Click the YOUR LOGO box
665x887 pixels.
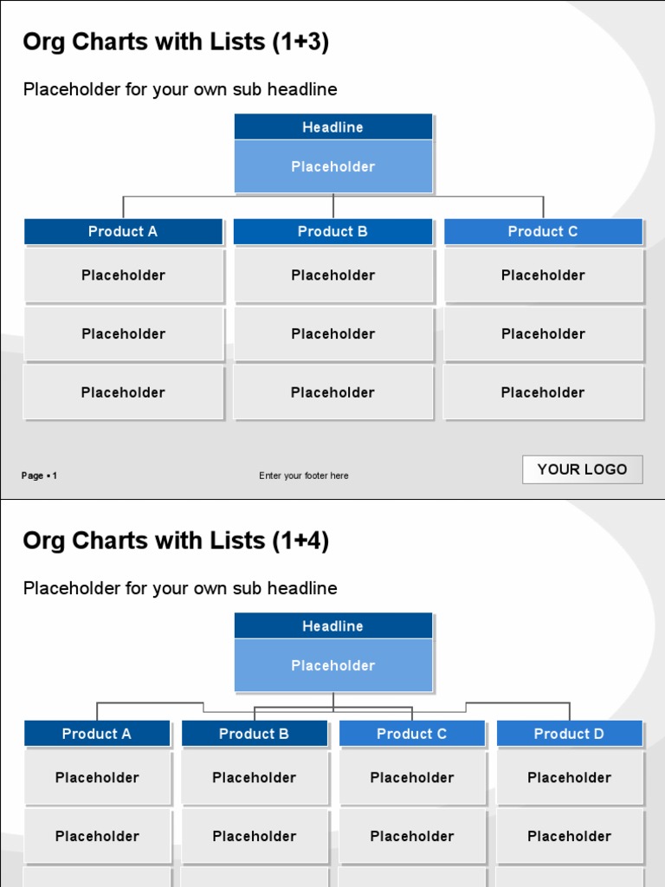click(x=582, y=469)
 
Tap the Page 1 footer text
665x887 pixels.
click(x=40, y=476)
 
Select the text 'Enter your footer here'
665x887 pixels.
click(x=304, y=476)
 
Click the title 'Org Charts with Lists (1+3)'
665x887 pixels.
click(x=176, y=42)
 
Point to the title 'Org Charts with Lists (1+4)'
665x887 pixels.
click(x=176, y=541)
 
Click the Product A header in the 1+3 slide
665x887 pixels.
click(x=123, y=231)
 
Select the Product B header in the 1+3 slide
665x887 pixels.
click(x=332, y=231)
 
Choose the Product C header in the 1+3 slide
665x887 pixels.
click(x=543, y=231)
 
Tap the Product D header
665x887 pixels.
click(x=569, y=734)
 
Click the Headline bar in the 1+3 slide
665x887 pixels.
click(x=332, y=127)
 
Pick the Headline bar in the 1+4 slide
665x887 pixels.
click(x=332, y=626)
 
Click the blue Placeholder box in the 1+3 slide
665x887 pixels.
click(x=332, y=166)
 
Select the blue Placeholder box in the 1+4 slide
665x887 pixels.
click(x=332, y=665)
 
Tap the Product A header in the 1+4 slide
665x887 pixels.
click(x=97, y=734)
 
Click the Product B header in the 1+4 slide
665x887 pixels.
click(x=254, y=734)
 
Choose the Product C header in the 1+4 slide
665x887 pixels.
click(x=411, y=734)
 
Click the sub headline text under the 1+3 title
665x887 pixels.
click(x=180, y=89)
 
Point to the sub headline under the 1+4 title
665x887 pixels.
click(x=180, y=588)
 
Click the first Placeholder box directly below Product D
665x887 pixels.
click(x=569, y=778)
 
